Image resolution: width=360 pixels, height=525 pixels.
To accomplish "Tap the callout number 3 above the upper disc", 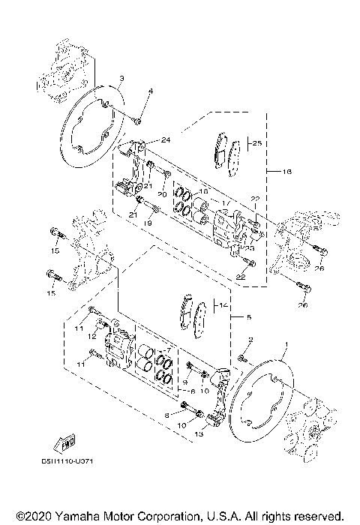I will [121, 79].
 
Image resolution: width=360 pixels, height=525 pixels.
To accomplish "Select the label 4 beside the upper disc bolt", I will [150, 91].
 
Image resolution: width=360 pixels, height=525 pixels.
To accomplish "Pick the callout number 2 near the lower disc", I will [250, 340].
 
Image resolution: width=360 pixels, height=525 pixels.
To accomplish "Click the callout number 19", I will [148, 223].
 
